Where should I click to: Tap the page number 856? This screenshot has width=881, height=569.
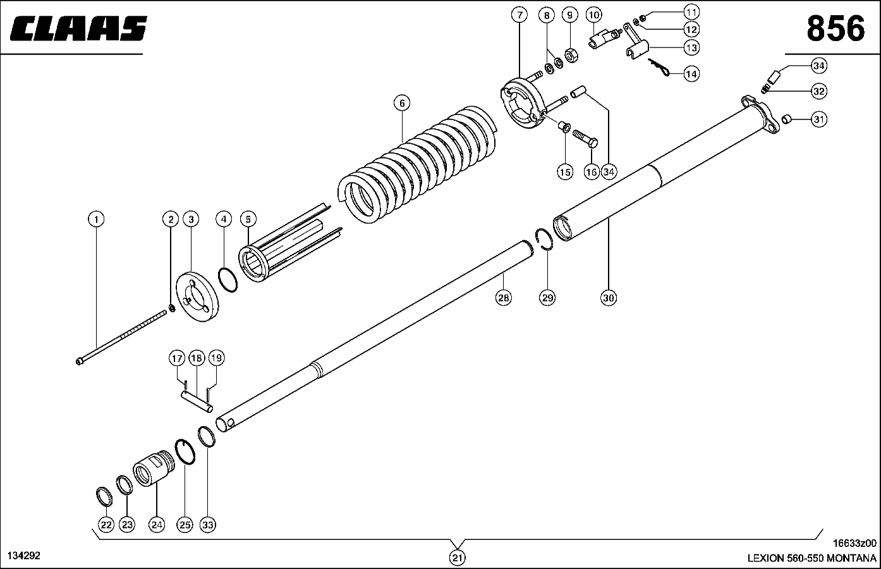click(x=835, y=29)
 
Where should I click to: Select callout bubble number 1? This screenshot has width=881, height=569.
click(x=96, y=219)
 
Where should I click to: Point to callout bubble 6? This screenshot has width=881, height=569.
click(x=401, y=102)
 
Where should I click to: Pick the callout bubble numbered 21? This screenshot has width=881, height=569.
click(x=457, y=558)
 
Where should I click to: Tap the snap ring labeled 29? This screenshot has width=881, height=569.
click(x=545, y=242)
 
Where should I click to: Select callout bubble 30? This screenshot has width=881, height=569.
click(x=608, y=297)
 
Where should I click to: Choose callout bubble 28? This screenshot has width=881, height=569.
click(x=503, y=297)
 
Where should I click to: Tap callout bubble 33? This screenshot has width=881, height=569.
click(x=208, y=524)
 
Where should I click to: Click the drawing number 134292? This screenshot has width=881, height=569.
click(x=24, y=556)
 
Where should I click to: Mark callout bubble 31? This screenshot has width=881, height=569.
click(x=819, y=119)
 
